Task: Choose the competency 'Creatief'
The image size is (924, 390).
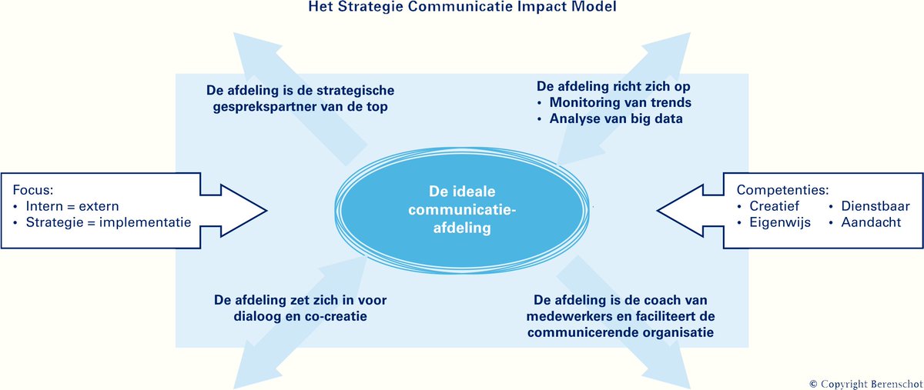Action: coord(775,206)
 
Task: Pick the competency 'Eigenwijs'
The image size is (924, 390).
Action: coord(778,223)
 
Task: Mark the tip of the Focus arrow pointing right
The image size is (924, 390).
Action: coord(266,208)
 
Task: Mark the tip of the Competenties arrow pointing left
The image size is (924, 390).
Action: coord(658,208)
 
